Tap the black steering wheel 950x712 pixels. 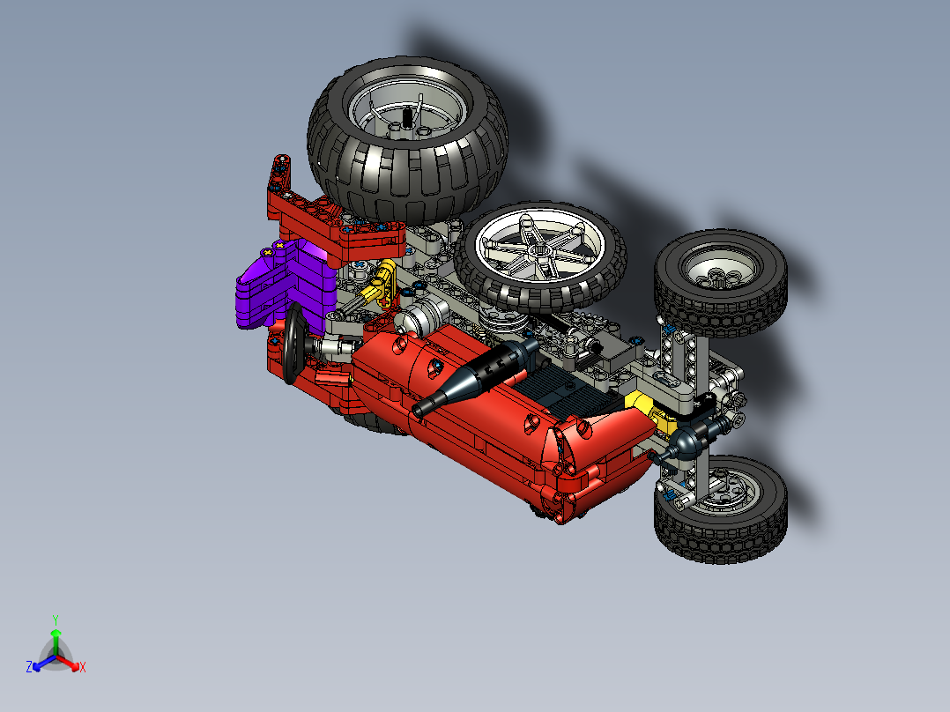(x=293, y=345)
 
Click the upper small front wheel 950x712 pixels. (x=721, y=281)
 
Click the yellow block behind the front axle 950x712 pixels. (x=640, y=408)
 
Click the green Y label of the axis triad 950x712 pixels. (x=55, y=619)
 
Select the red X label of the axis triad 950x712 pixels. (x=82, y=668)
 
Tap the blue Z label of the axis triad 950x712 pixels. (x=29, y=668)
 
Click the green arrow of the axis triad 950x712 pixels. (x=55, y=638)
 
